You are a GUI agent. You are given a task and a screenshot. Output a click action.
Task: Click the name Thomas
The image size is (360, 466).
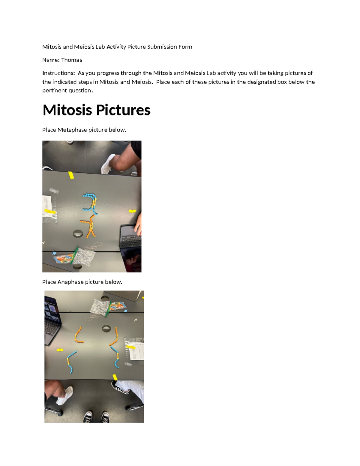(x=71, y=60)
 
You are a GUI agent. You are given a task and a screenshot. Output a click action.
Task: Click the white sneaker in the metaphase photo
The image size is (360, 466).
(x=108, y=164)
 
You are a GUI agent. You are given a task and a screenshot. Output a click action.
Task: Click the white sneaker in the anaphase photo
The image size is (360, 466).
(x=65, y=395)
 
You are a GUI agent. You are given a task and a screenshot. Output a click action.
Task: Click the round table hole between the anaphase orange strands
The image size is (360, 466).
(x=106, y=329)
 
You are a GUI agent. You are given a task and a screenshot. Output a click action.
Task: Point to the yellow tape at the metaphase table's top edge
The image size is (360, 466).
(x=71, y=175)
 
